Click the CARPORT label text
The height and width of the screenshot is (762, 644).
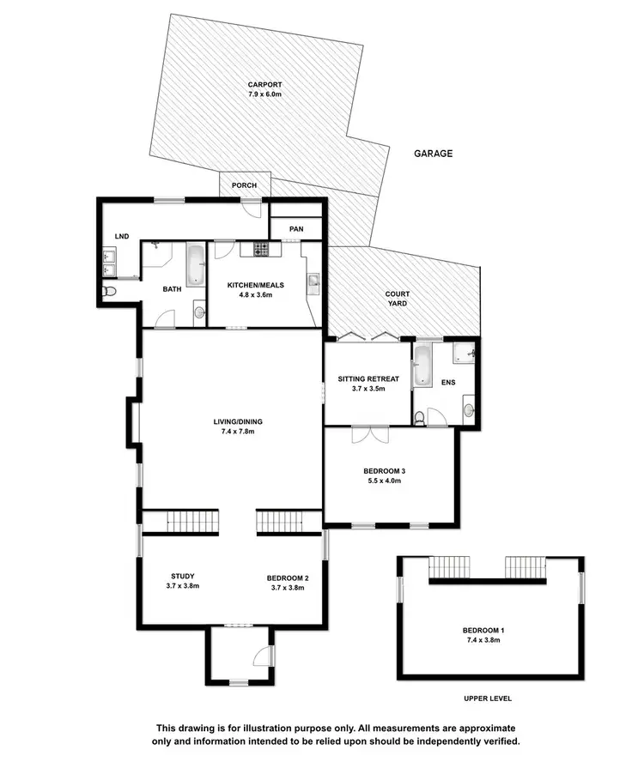click(x=264, y=84)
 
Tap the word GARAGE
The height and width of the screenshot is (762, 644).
click(x=434, y=154)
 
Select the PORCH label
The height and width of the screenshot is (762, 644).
click(x=245, y=185)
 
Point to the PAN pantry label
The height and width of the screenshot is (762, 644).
click(x=295, y=228)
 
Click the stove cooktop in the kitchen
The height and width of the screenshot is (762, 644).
click(x=260, y=249)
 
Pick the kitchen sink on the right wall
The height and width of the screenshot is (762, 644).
click(x=313, y=281)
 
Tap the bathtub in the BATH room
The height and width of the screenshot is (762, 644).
click(x=196, y=264)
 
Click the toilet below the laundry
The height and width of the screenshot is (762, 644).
click(x=107, y=292)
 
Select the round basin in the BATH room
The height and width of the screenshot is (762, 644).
click(x=198, y=313)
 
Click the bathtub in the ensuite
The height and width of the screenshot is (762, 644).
click(x=422, y=366)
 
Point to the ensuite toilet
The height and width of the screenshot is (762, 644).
click(x=418, y=418)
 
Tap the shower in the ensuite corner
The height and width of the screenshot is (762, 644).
click(x=464, y=352)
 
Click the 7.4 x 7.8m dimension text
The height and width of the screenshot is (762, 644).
click(x=234, y=432)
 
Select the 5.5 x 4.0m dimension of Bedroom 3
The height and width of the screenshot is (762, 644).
click(x=383, y=481)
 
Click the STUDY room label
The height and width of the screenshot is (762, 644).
click(x=183, y=576)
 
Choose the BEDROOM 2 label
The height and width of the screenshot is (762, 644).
click(x=288, y=578)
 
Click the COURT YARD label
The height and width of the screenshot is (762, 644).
click(x=396, y=299)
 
